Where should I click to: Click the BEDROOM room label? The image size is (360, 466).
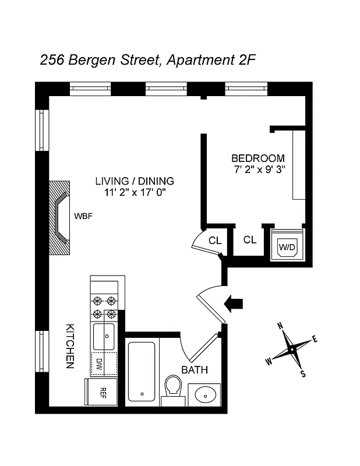(x=258, y=158)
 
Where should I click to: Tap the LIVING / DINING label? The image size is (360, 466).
(x=135, y=181)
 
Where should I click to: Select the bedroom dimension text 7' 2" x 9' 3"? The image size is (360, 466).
(x=258, y=170)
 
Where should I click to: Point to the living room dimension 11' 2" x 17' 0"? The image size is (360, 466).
(x=135, y=192)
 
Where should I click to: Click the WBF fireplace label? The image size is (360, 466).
(x=83, y=217)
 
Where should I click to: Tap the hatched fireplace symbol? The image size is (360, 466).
(x=59, y=217)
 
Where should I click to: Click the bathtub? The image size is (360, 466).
(x=141, y=371)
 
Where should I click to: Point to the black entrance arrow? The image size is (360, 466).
(x=234, y=302)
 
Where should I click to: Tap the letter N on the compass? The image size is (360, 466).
(x=280, y=326)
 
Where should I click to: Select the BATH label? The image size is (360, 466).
(x=194, y=370)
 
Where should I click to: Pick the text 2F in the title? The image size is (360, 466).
(x=245, y=59)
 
